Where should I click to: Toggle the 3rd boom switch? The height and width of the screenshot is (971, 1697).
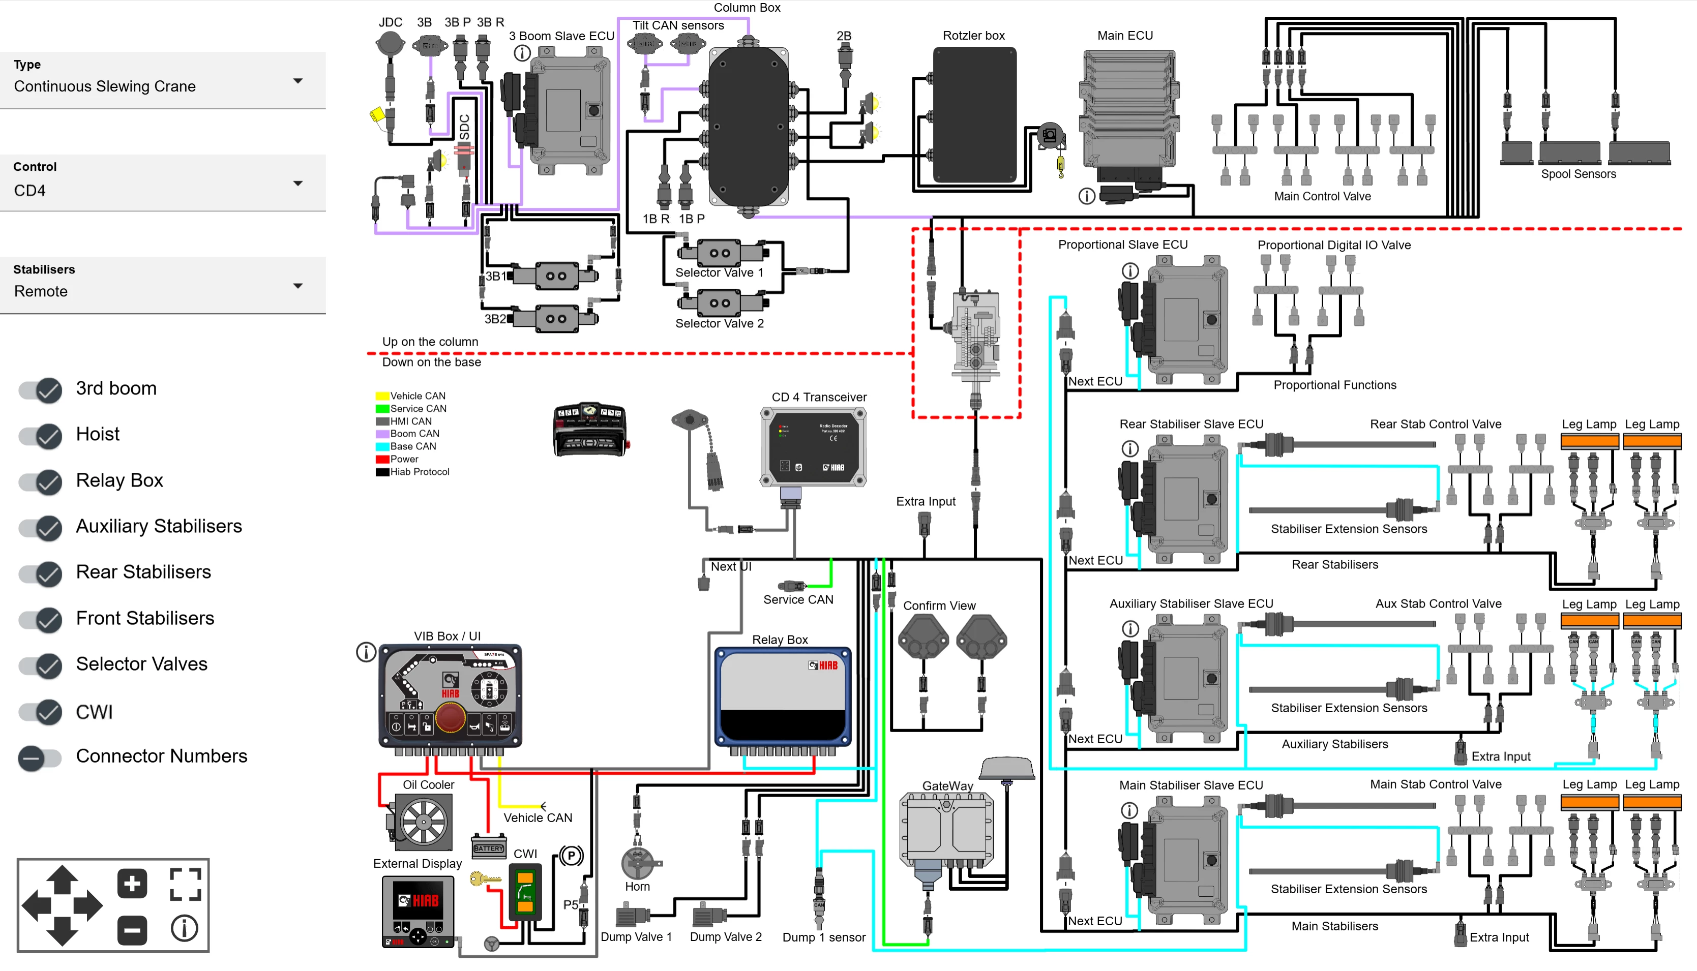coord(41,390)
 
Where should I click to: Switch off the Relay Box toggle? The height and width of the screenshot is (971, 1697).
coord(41,481)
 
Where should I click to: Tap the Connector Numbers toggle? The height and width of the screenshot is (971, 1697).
coord(41,757)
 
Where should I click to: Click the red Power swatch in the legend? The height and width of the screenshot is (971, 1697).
coord(382,460)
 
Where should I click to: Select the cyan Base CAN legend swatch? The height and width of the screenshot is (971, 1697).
coord(382,447)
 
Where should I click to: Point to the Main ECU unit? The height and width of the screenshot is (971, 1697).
coord(1127,110)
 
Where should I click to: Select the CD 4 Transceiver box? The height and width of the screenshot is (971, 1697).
coord(813,447)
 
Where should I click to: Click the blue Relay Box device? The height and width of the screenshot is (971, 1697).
coord(783,697)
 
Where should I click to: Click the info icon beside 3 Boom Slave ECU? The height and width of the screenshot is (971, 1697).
coord(522,53)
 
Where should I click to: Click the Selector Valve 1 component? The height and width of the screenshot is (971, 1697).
coord(720,253)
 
